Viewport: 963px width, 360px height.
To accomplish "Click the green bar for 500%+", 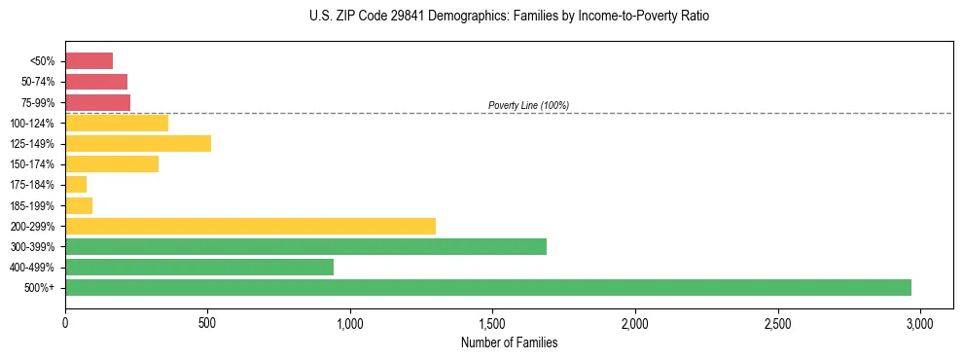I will tap(487, 287).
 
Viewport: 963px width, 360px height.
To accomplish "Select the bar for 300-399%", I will tap(305, 246).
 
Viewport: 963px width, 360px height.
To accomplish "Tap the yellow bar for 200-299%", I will tap(250, 226).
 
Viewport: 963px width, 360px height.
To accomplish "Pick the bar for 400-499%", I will tap(199, 267).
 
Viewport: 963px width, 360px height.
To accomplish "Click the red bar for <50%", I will tap(89, 61).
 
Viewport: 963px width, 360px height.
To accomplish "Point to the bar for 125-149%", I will tap(138, 144).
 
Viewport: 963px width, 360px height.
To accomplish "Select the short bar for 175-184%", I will tap(76, 185).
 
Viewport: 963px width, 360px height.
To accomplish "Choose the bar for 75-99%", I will tap(97, 102).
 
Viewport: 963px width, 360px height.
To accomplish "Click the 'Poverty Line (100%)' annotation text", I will tap(528, 105).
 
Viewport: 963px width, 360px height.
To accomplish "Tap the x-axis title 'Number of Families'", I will tap(509, 342).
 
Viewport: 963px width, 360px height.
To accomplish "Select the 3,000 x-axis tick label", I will tap(920, 322).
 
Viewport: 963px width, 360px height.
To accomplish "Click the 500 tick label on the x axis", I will tap(207, 322).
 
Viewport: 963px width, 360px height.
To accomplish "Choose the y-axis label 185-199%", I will tap(35, 205).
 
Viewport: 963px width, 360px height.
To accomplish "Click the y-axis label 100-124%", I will tap(35, 124).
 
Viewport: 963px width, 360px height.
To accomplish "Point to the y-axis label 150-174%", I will tap(35, 164).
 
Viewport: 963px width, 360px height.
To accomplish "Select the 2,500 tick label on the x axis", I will tap(778, 322).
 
